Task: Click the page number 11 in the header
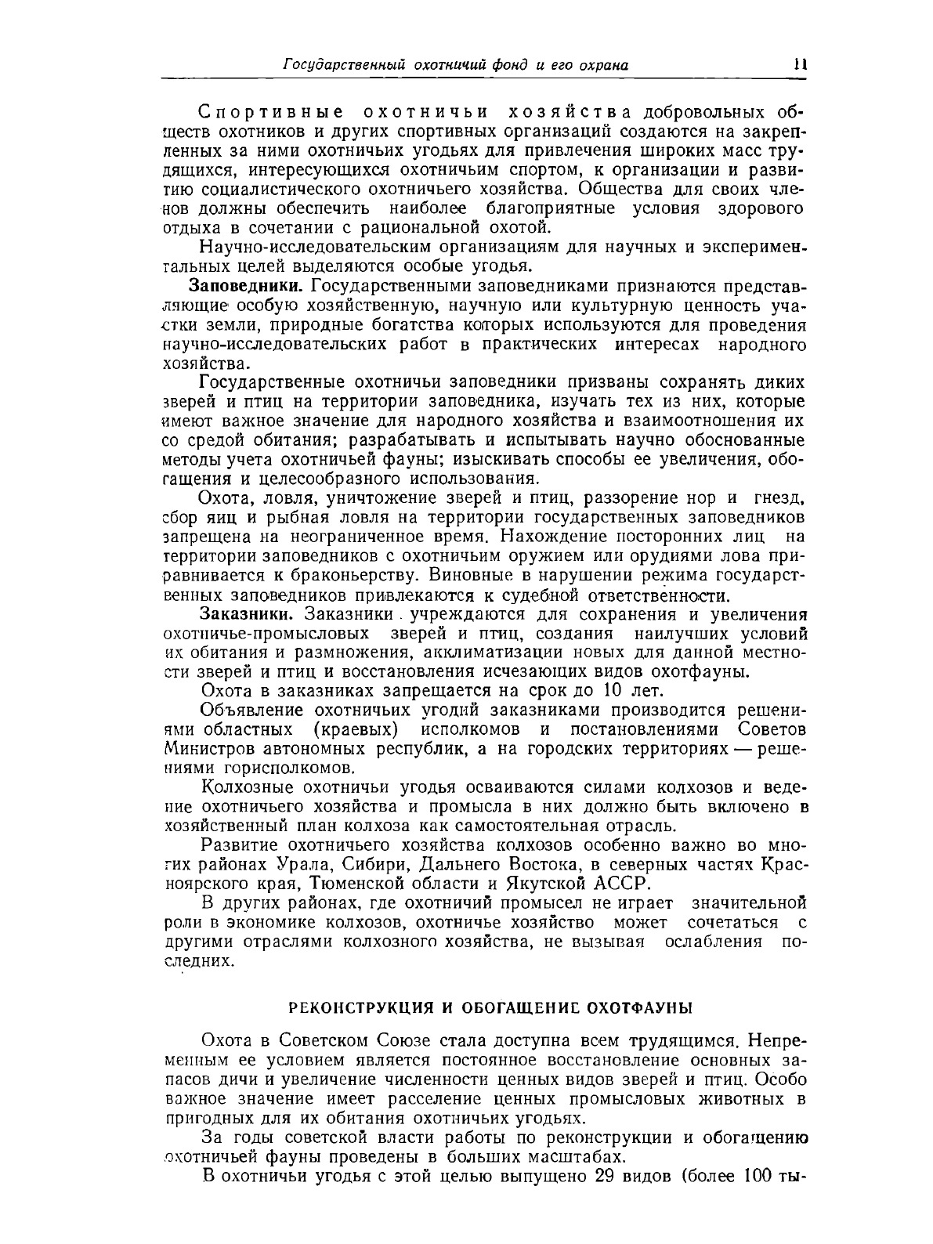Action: pyautogui.click(x=798, y=66)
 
